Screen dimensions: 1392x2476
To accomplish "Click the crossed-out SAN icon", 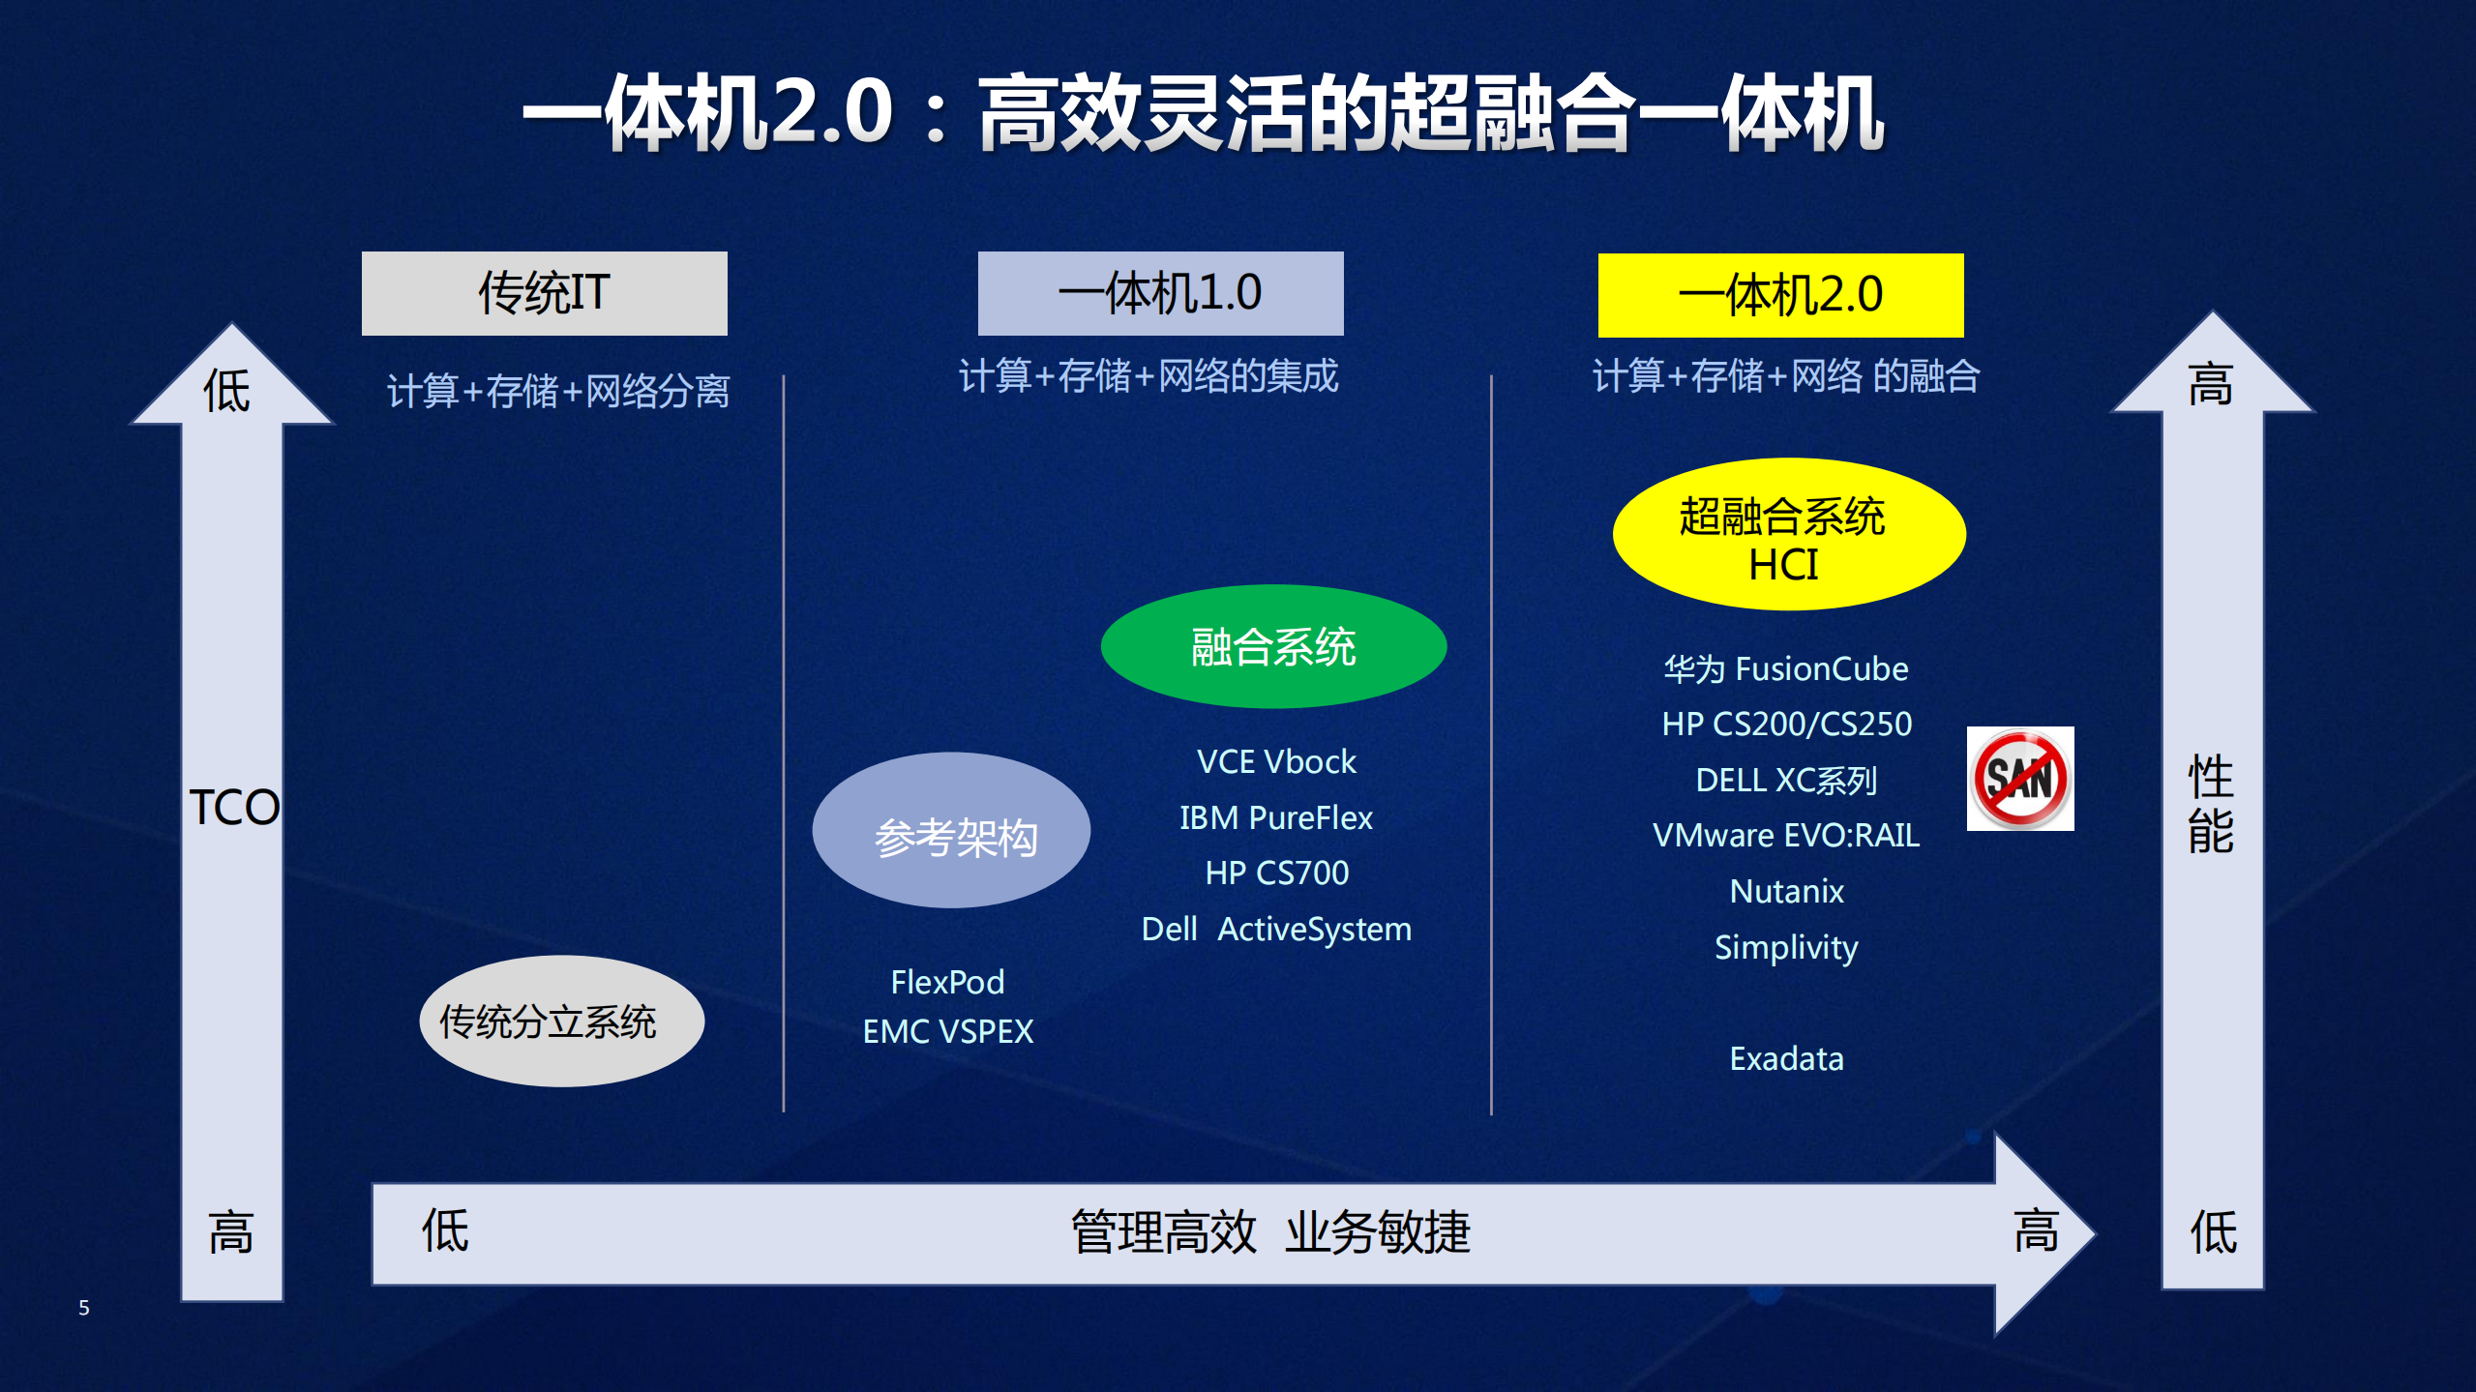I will click(2020, 779).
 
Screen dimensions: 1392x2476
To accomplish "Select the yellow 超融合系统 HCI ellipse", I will click(1788, 535).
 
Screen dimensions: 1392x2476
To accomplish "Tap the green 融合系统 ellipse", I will click(1273, 646).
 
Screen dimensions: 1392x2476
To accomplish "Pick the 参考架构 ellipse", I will click(952, 831).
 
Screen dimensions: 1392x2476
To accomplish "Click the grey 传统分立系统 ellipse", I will click(562, 1022).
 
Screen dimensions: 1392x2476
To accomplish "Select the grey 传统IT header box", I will click(544, 293).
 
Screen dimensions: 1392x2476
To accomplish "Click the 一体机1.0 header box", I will click(1160, 293).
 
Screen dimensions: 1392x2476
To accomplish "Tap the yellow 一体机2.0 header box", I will click(1780, 295).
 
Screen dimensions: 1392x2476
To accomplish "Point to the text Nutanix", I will click(1786, 891).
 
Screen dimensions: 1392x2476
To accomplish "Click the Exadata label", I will click(1786, 1058).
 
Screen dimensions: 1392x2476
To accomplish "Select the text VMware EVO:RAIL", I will click(1786, 835).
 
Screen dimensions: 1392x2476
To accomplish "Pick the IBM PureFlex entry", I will click(1275, 817).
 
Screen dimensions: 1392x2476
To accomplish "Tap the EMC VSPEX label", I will click(947, 1031).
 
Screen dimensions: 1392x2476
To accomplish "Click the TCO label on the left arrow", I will click(233, 807).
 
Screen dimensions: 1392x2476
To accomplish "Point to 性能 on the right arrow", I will click(2211, 804).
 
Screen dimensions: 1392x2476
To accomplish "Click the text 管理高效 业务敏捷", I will click(1270, 1232).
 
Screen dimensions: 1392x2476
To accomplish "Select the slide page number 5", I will click(84, 1308).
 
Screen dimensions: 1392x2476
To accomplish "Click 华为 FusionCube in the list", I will click(1786, 668).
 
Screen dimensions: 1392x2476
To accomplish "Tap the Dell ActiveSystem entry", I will click(1275, 929).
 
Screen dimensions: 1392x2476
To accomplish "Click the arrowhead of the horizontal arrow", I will click(2042, 1233).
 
